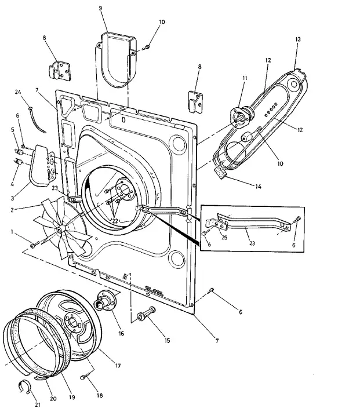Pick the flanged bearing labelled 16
click(x=106, y=300)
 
